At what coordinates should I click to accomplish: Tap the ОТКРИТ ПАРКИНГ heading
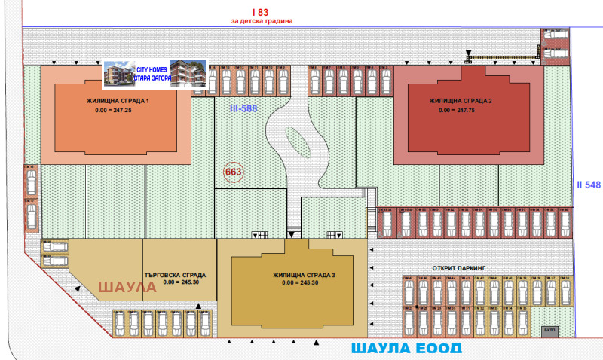[x=461, y=267]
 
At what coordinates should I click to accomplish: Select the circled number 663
[x=233, y=172]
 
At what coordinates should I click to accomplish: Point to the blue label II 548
[x=587, y=185]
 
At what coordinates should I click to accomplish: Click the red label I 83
[x=260, y=11]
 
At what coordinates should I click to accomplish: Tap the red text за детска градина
[x=260, y=21]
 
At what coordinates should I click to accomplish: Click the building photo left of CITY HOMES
[x=117, y=74]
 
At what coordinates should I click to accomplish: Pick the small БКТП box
[x=548, y=330]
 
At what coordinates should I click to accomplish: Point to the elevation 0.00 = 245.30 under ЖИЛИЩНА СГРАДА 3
[x=298, y=283]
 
